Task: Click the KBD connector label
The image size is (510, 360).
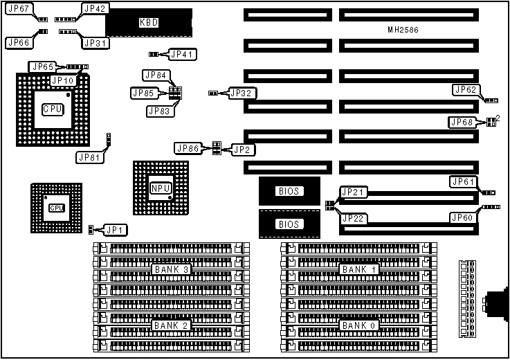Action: [x=149, y=23]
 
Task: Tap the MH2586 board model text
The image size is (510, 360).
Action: [x=403, y=30]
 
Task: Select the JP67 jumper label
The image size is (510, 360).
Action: [x=18, y=9]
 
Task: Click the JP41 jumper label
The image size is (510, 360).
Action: [x=183, y=54]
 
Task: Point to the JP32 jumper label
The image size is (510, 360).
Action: [x=242, y=92]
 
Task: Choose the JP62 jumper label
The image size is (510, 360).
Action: [x=465, y=89]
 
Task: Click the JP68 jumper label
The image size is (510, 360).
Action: [x=463, y=123]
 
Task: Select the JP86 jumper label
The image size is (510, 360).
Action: [x=188, y=147]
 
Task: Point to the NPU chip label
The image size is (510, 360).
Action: [x=160, y=188]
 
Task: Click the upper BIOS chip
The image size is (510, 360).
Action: [x=289, y=190]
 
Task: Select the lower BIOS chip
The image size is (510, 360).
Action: [x=289, y=224]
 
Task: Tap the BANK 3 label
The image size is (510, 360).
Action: [x=170, y=269]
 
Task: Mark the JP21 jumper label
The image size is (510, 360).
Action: [x=353, y=192]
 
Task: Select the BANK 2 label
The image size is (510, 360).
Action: [x=170, y=325]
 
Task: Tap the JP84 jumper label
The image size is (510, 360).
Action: [x=156, y=75]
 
